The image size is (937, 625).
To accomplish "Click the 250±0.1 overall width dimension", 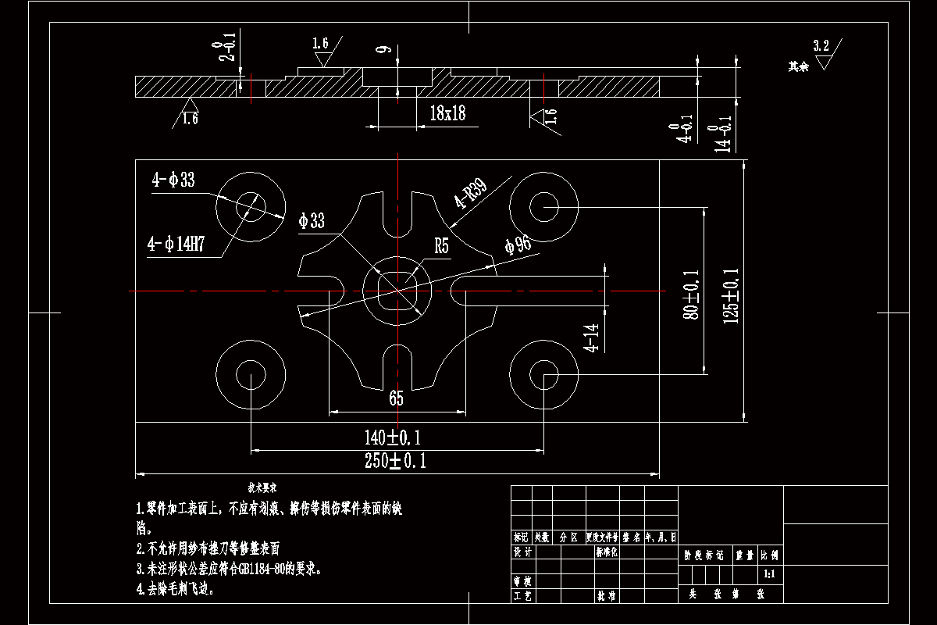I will click(x=396, y=461).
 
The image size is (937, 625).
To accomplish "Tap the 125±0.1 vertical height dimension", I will click(x=732, y=296).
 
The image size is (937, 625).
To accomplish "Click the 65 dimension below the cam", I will click(x=396, y=399).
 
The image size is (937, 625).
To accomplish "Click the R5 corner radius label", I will click(x=442, y=247).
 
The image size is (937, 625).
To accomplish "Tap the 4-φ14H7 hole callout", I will click(x=176, y=244).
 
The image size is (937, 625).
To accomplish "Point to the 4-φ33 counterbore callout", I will click(x=173, y=180).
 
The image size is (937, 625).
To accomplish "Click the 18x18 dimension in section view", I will click(x=447, y=113).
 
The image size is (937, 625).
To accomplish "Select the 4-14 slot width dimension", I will click(x=593, y=338).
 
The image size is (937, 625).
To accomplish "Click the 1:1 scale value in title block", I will click(x=768, y=574).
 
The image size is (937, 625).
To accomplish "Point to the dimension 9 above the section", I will click(x=382, y=52).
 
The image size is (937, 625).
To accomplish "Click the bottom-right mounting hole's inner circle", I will click(x=543, y=378).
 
